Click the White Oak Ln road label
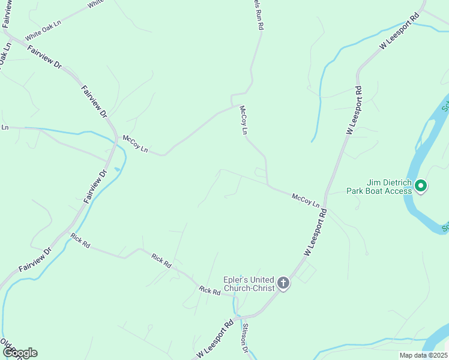tap(43, 32)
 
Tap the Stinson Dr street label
tap(245, 337)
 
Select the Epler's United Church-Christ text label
tap(249, 284)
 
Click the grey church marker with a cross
tap(283, 283)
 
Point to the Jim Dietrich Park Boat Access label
tap(379, 187)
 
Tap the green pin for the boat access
tap(421, 186)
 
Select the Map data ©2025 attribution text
tap(423, 355)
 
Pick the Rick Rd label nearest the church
tap(209, 290)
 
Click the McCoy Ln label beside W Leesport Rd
tap(306, 200)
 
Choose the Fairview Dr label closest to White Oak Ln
tap(44, 56)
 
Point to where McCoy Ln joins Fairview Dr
tap(116, 138)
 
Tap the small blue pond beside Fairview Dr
tap(116, 170)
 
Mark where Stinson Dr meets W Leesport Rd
tap(239, 316)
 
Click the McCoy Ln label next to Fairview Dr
tap(135, 143)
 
